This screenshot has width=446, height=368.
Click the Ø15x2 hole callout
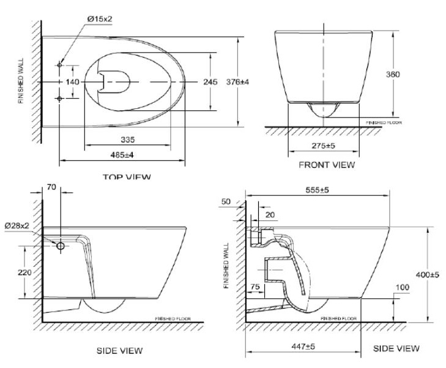click(x=100, y=19)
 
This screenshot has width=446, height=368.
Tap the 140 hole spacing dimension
click(x=73, y=81)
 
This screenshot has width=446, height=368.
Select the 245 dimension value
click(x=210, y=82)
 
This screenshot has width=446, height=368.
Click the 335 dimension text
click(x=127, y=140)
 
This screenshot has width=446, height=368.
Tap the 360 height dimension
click(x=393, y=74)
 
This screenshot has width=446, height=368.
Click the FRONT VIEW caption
click(x=326, y=165)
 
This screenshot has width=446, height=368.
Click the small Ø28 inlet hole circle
click(x=61, y=246)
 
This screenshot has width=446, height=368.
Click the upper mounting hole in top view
click(x=60, y=65)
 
